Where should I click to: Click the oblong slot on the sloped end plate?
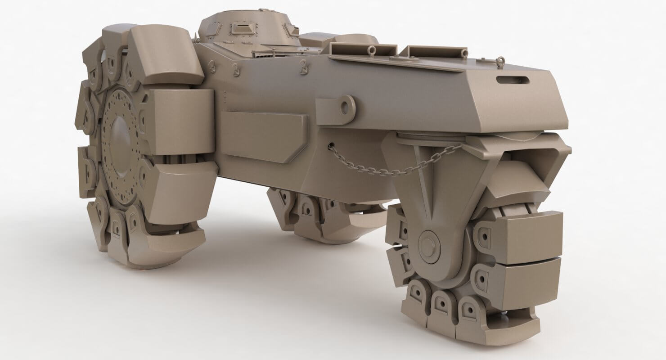(x=513, y=80)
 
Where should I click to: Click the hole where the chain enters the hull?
(x=332, y=146)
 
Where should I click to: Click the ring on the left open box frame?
(x=372, y=49)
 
